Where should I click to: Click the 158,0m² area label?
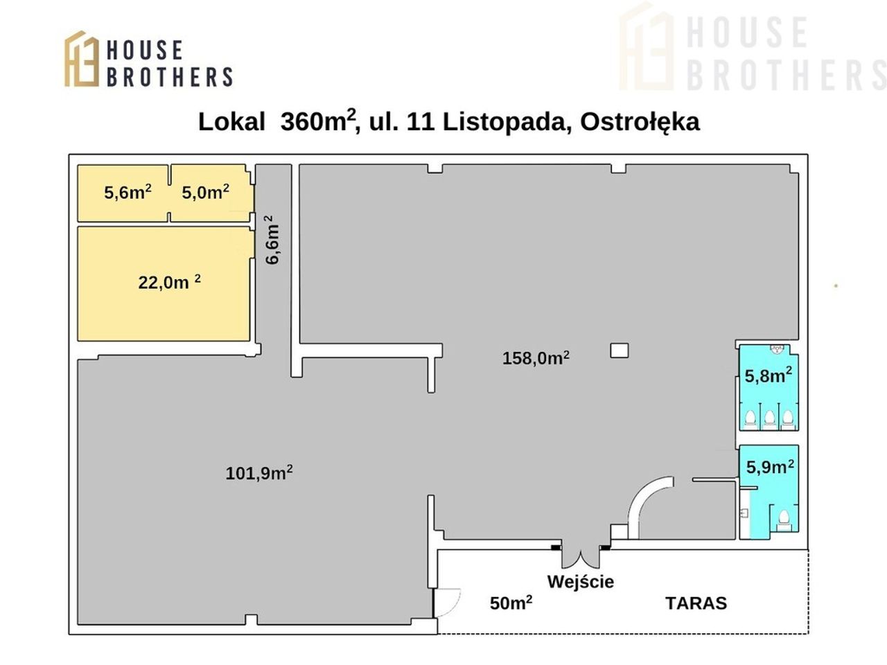[x=536, y=357]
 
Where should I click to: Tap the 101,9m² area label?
[x=259, y=472]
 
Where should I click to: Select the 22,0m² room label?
[x=169, y=282]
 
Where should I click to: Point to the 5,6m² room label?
[x=128, y=192]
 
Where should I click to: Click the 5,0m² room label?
[x=205, y=192]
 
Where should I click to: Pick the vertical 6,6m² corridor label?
[x=272, y=240]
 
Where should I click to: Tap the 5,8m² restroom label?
[x=769, y=375]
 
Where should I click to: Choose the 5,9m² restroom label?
[x=770, y=466]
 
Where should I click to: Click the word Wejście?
[x=580, y=582]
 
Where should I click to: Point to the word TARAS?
[x=696, y=603]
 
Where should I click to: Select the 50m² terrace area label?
[x=511, y=603]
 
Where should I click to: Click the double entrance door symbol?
[x=581, y=557]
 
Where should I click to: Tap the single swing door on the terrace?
[x=446, y=603]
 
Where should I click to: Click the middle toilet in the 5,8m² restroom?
[x=769, y=418]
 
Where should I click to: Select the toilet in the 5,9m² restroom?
[x=784, y=521]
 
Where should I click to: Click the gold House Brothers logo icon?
[x=82, y=59]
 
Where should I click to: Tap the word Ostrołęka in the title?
[x=640, y=123]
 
